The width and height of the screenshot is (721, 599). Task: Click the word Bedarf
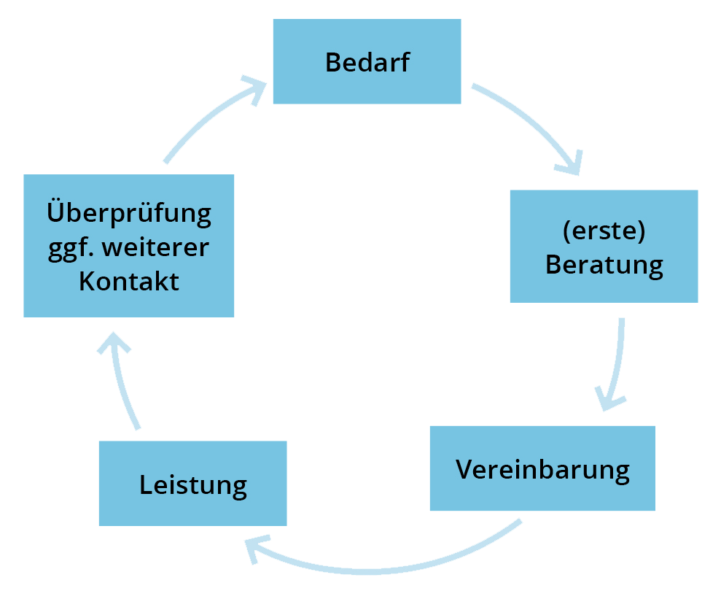coord(367,63)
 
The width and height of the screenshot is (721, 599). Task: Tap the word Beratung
coord(604,264)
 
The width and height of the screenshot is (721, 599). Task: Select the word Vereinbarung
coord(542,469)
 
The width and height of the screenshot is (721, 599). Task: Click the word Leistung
coord(192,484)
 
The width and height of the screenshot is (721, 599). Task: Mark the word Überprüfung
coord(129,214)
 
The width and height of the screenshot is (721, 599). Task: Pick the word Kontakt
coord(129,282)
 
